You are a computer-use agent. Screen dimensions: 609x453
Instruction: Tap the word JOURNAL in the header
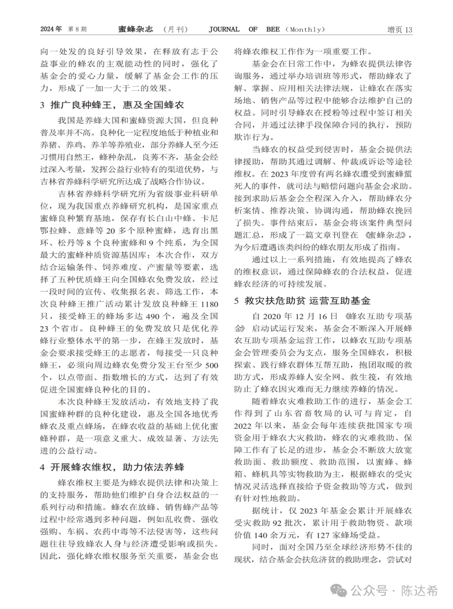(224, 29)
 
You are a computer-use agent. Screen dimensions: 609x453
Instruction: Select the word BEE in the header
(273, 29)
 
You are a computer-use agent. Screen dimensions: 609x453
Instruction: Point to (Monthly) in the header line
(305, 29)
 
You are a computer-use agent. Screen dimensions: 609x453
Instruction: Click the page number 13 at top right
(409, 30)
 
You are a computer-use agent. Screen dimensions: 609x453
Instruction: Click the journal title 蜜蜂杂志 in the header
(135, 29)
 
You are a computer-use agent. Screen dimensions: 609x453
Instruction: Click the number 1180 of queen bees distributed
(209, 304)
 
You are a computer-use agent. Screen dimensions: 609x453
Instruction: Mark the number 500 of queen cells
(212, 366)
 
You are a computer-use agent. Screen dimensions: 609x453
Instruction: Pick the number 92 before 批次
(277, 523)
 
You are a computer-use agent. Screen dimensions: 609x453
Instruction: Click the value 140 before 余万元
(260, 535)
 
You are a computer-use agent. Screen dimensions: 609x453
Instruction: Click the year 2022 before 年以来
(243, 426)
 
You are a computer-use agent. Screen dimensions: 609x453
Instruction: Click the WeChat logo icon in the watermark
(338, 591)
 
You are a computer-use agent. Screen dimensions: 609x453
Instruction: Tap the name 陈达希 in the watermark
(419, 591)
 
